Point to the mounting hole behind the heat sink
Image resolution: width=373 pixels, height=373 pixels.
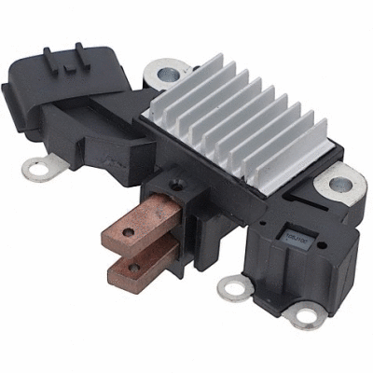pyautogui.click(x=170, y=71)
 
